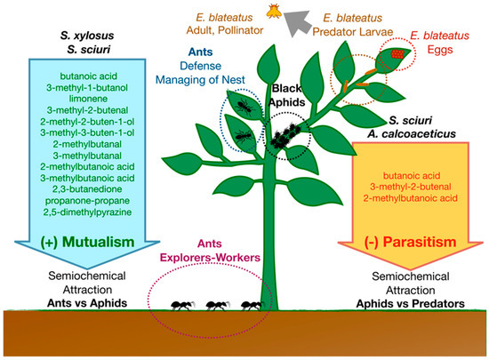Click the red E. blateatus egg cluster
(397, 53)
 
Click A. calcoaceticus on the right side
(423, 132)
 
